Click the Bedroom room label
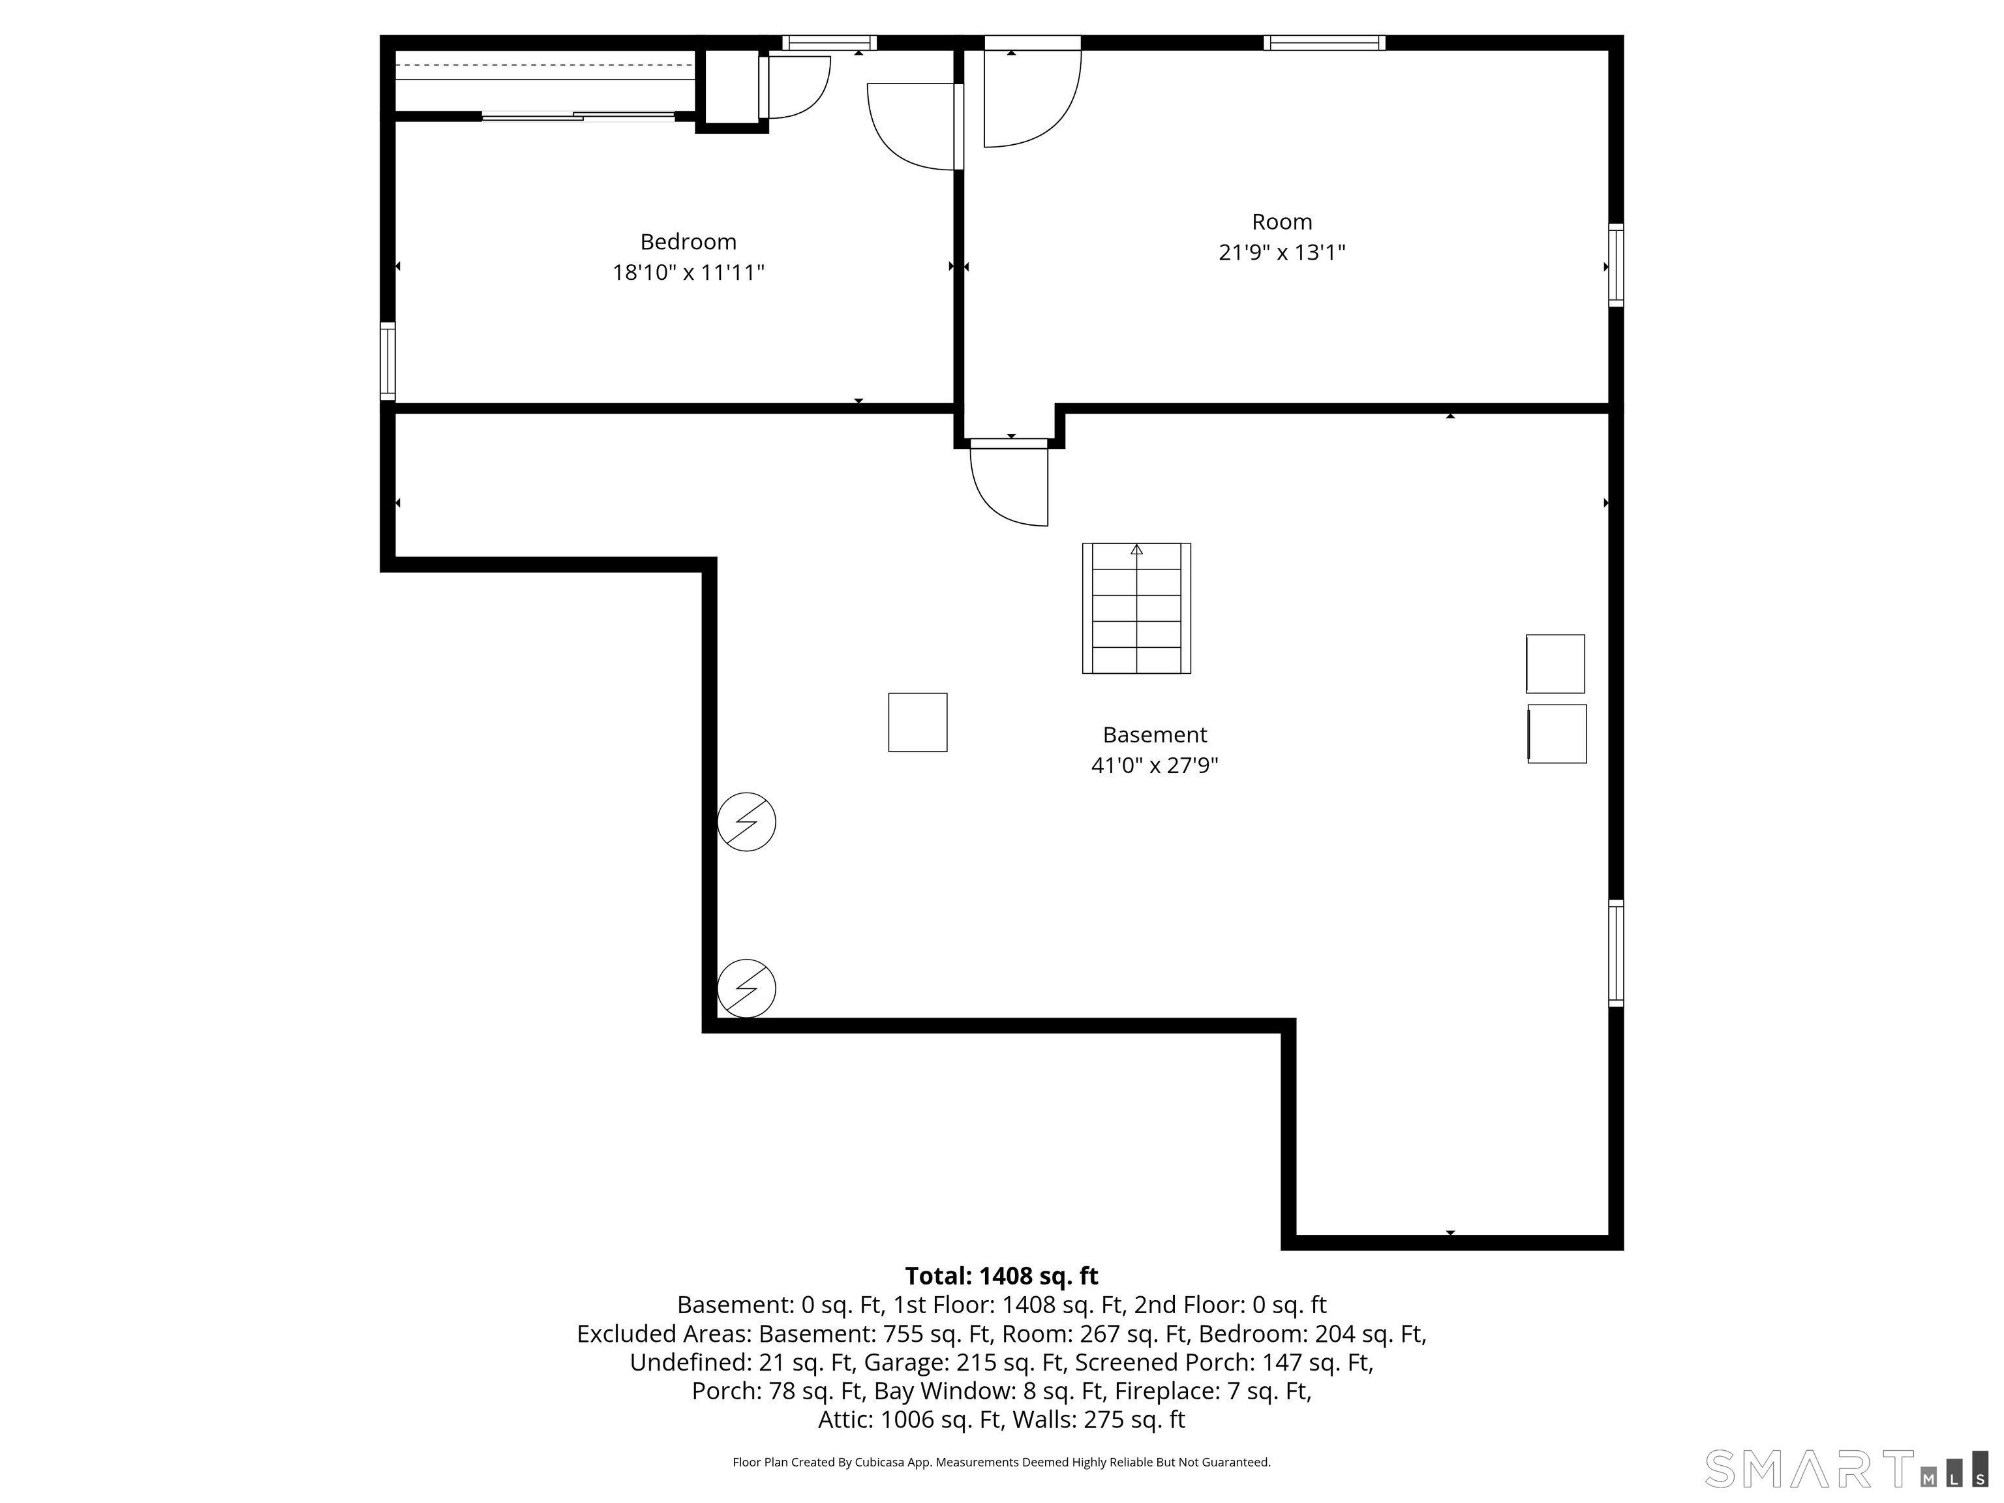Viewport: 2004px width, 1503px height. [x=688, y=242]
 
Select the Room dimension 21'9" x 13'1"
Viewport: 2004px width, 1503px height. [x=1281, y=252]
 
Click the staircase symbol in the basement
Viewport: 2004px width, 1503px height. [x=1136, y=608]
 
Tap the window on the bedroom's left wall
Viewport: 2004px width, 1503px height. [x=387, y=361]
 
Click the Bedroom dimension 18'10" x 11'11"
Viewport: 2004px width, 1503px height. [x=688, y=273]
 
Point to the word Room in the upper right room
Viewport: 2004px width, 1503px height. [x=1281, y=222]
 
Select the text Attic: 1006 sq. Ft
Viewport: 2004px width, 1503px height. [x=909, y=1419]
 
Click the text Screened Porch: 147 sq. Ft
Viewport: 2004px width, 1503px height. [x=1221, y=1363]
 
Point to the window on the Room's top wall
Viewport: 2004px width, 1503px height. [x=1324, y=42]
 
